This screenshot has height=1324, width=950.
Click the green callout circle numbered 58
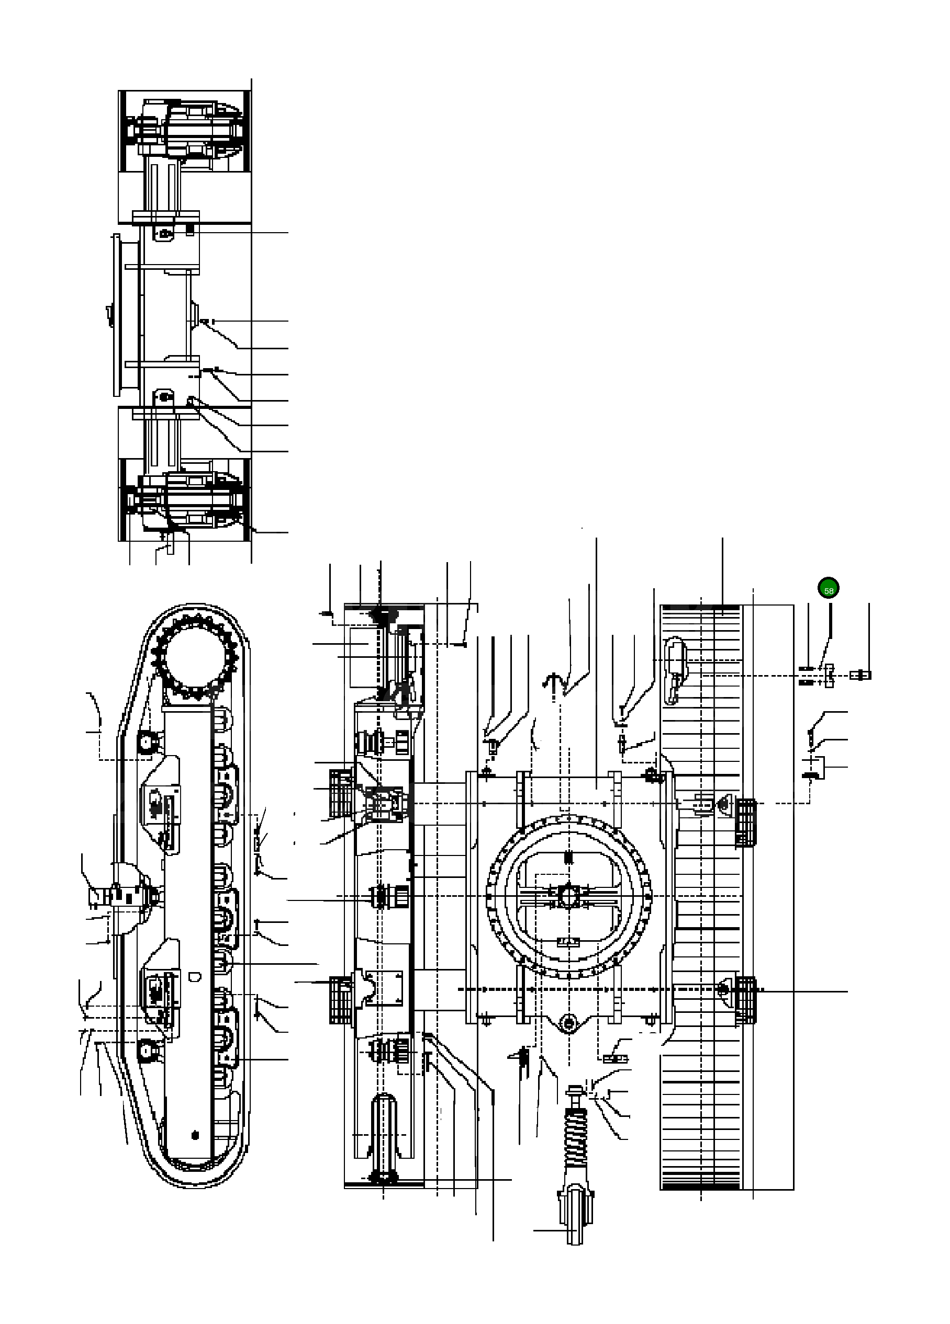click(x=828, y=588)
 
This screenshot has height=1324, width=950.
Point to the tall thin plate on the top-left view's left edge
click(x=115, y=315)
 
